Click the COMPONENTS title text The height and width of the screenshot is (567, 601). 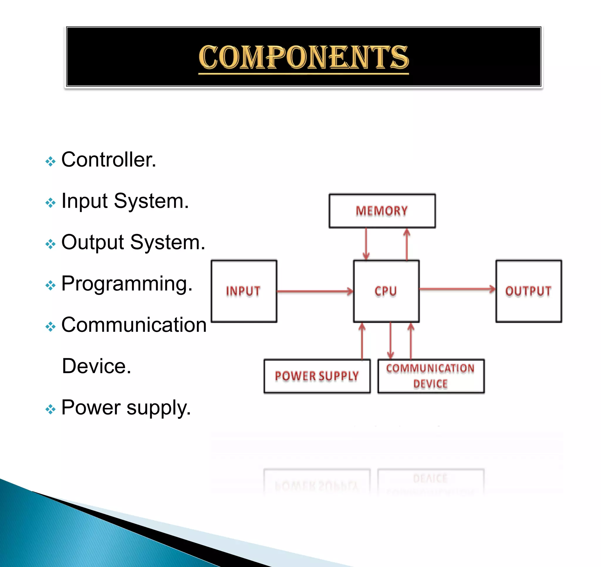pos(303,57)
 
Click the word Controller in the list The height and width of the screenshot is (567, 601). pos(108,160)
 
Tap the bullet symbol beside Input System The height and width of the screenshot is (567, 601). pos(50,202)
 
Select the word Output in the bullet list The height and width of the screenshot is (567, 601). pos(93,242)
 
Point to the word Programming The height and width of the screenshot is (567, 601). pos(127,284)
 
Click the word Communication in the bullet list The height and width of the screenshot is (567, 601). pos(134,325)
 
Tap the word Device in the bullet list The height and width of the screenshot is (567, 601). pos(96,366)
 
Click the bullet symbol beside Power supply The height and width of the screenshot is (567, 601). pos(50,409)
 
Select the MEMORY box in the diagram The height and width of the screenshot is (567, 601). pos(382,211)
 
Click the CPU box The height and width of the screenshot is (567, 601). pos(386,291)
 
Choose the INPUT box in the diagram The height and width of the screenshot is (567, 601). pos(244,291)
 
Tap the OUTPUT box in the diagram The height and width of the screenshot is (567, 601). pos(529,291)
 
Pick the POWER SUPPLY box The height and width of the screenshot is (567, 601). pos(317,376)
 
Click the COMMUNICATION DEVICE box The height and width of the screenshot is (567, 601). pos(431,376)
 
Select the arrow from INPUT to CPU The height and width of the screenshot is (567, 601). pos(314,291)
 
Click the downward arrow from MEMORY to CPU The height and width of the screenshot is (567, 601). pos(366,243)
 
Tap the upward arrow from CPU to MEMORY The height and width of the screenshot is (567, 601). pos(407,243)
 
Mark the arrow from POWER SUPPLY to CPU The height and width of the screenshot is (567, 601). pos(362,341)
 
